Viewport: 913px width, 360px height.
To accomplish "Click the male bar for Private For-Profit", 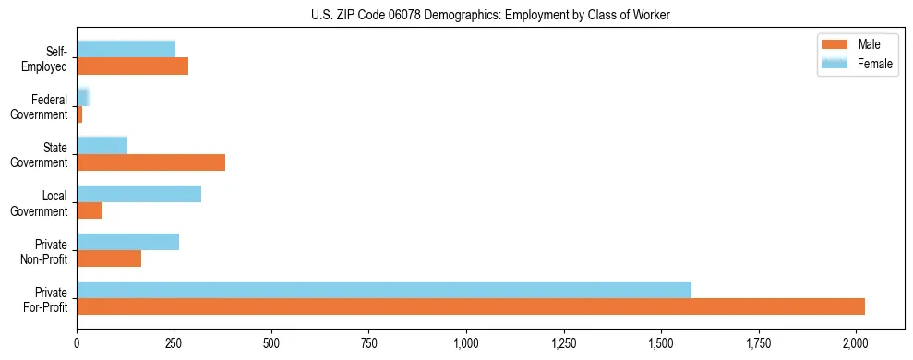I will (471, 306).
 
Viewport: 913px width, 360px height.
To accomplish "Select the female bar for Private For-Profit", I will (384, 290).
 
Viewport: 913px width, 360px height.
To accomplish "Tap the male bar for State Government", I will (150, 162).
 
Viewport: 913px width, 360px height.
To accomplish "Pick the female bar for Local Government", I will (138, 194).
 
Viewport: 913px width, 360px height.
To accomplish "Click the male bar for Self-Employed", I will (132, 66).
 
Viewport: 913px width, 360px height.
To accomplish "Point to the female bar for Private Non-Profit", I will (127, 242).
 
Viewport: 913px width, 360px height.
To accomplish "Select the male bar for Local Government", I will (90, 210).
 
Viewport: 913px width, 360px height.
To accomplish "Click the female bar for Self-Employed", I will (126, 49).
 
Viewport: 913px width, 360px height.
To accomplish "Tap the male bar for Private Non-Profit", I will (109, 258).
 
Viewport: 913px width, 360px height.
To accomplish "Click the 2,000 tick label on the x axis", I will (856, 342).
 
